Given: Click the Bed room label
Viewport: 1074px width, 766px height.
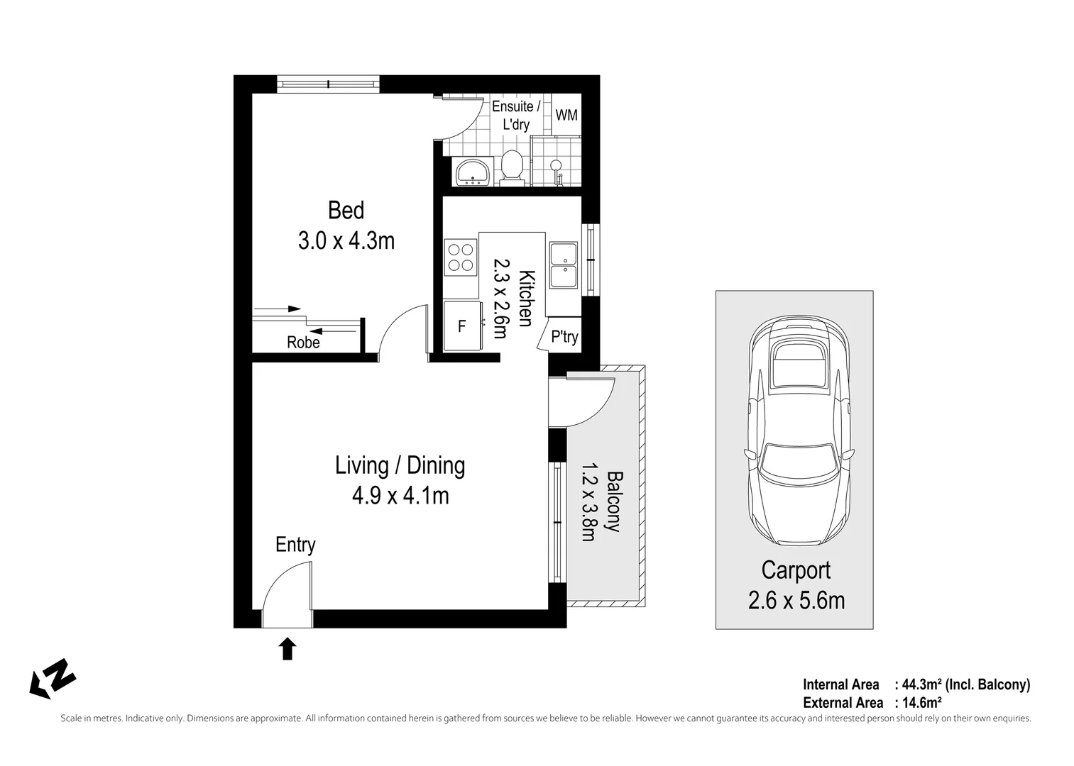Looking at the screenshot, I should coord(346,211).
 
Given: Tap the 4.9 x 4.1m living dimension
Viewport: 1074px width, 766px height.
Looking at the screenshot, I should coord(400,496).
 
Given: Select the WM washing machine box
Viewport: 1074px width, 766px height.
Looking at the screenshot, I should coord(566,115).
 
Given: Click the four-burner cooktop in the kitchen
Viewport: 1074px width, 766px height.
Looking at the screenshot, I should coord(460,257).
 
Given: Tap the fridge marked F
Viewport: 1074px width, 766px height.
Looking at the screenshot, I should coord(462,326).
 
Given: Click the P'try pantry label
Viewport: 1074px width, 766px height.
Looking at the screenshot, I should coord(564,337).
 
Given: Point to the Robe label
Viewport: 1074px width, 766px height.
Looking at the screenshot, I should coord(303,343).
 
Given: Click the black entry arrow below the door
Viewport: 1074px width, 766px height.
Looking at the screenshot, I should coord(287,648).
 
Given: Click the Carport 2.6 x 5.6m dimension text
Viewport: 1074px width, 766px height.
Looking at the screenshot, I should coord(796,601).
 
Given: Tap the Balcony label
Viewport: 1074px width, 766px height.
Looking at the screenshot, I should coord(614,501).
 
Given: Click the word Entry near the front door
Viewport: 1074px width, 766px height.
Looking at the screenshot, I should coord(295,545).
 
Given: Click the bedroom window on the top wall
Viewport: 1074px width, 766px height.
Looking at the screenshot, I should coord(328,84).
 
